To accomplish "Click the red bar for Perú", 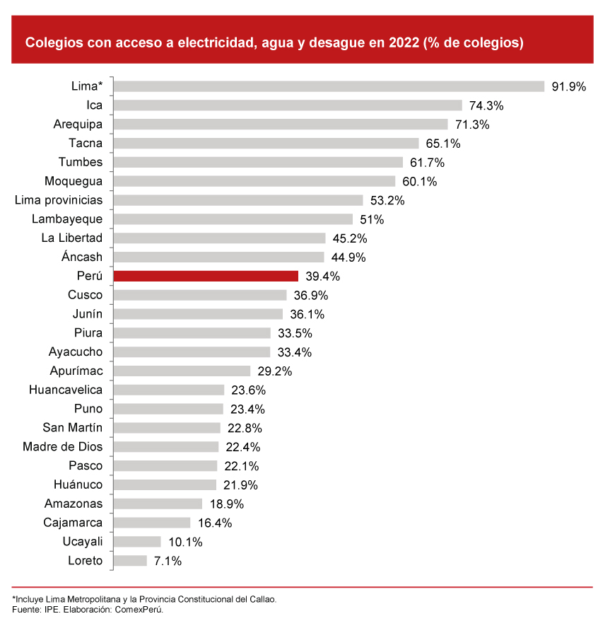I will click(x=206, y=276).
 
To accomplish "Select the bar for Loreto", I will click(x=130, y=561).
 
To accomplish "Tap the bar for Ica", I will click(x=288, y=105).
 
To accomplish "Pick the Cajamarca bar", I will click(x=152, y=523).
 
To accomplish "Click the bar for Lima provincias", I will click(x=238, y=200).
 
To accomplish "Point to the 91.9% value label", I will click(x=569, y=87).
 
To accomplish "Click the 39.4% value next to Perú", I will click(x=322, y=276).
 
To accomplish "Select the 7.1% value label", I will click(x=168, y=561).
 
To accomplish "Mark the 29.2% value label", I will click(x=274, y=371).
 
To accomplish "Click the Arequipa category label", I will click(x=78, y=124).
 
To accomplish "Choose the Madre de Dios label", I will click(x=62, y=447).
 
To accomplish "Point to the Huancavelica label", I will click(x=66, y=390).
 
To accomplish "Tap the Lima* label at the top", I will click(x=87, y=86).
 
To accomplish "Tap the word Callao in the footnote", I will click(x=261, y=598).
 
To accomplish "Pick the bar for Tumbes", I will click(x=258, y=162).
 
